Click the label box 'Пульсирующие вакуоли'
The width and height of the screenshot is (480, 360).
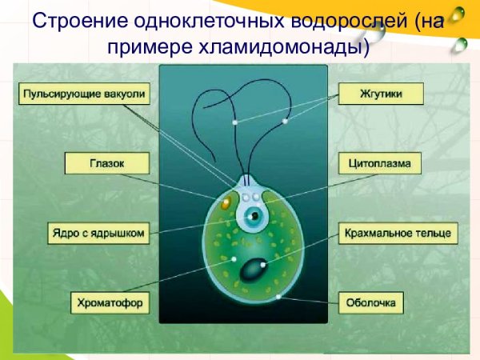84,95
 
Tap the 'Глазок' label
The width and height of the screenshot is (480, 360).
106,165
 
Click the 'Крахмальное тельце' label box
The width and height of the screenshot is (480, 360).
398,234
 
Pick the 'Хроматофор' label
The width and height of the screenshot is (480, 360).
106,302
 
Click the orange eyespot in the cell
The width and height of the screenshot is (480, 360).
226,203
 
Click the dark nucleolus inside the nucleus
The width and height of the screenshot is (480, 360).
254,216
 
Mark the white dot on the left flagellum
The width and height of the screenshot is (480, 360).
235,122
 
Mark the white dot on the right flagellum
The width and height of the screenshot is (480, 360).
285,122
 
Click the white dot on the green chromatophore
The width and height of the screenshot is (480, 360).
233,259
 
